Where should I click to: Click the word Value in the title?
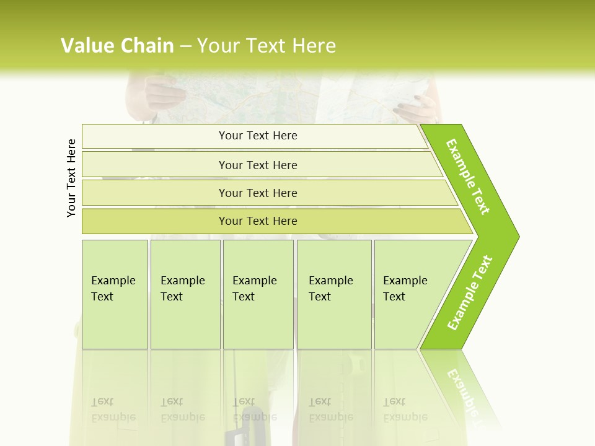[x=86, y=45]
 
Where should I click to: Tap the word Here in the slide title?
[x=314, y=45]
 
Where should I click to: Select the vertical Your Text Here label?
[x=71, y=178]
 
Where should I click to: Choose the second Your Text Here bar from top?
[x=258, y=165]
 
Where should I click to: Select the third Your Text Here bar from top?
[x=258, y=193]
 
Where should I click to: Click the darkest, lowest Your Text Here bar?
[x=258, y=221]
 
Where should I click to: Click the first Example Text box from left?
[x=115, y=294]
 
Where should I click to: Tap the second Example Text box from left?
[x=185, y=294]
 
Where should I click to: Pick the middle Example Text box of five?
[x=258, y=294]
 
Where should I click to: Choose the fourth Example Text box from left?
[x=333, y=294]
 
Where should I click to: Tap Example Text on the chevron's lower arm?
[x=470, y=292]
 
